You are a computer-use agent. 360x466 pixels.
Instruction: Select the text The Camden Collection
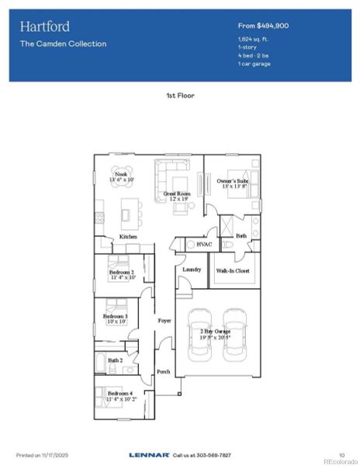point(63,43)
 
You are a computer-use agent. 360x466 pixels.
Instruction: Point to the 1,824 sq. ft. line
point(253,39)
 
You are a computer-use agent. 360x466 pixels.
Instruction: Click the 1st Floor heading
point(180,96)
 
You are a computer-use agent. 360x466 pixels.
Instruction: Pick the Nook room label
point(120,175)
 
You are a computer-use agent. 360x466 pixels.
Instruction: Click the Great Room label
point(177,193)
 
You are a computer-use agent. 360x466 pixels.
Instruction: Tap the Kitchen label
point(128,237)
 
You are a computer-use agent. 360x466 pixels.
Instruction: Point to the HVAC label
point(204,244)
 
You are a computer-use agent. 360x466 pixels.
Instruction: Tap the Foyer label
point(164,319)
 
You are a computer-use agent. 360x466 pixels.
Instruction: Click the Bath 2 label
point(115,360)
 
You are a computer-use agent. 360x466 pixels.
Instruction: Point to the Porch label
point(163,371)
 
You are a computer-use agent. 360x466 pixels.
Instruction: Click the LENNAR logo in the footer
point(144,454)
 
